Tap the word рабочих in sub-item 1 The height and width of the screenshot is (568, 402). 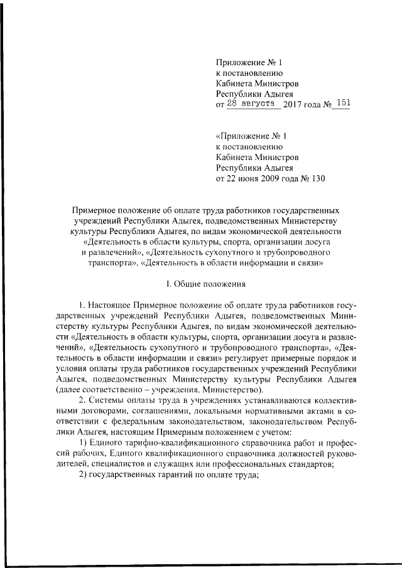coord(88,453)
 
